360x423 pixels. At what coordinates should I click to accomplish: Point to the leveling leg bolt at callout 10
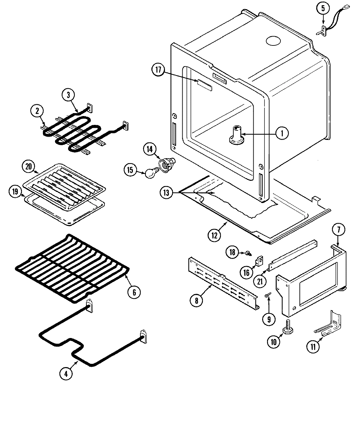coord(288,327)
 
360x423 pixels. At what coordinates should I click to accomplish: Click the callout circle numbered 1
coord(281,133)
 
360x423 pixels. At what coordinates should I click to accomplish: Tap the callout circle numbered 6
coord(134,292)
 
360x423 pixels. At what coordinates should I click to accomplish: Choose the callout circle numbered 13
coord(166,193)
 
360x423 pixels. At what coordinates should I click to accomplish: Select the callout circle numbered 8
coord(196,300)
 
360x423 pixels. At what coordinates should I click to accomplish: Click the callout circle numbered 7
coord(338,230)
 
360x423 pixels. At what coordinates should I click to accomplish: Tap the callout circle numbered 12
coord(214,236)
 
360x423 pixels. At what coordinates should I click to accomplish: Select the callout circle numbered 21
coord(260,281)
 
